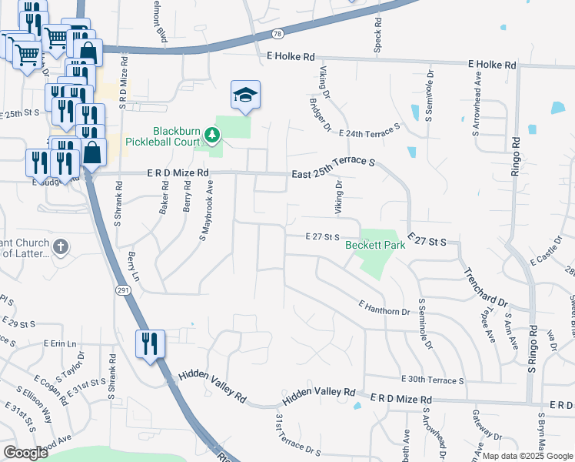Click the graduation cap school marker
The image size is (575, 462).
pyautogui.click(x=245, y=95)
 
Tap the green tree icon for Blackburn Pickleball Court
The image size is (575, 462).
pyautogui.click(x=211, y=137)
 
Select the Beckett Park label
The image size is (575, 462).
pyautogui.click(x=375, y=246)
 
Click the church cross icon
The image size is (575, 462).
pyautogui.click(x=61, y=247)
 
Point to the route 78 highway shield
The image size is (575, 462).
pyautogui.click(x=278, y=35)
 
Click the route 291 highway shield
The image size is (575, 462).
pyautogui.click(x=122, y=290)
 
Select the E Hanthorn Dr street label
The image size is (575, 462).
pyautogui.click(x=384, y=307)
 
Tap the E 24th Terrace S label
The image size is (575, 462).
pyautogui.click(x=370, y=130)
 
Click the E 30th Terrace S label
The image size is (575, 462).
pyautogui.click(x=433, y=380)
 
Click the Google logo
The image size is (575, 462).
pyautogui.click(x=26, y=453)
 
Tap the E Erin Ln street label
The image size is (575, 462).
pyautogui.click(x=61, y=343)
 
